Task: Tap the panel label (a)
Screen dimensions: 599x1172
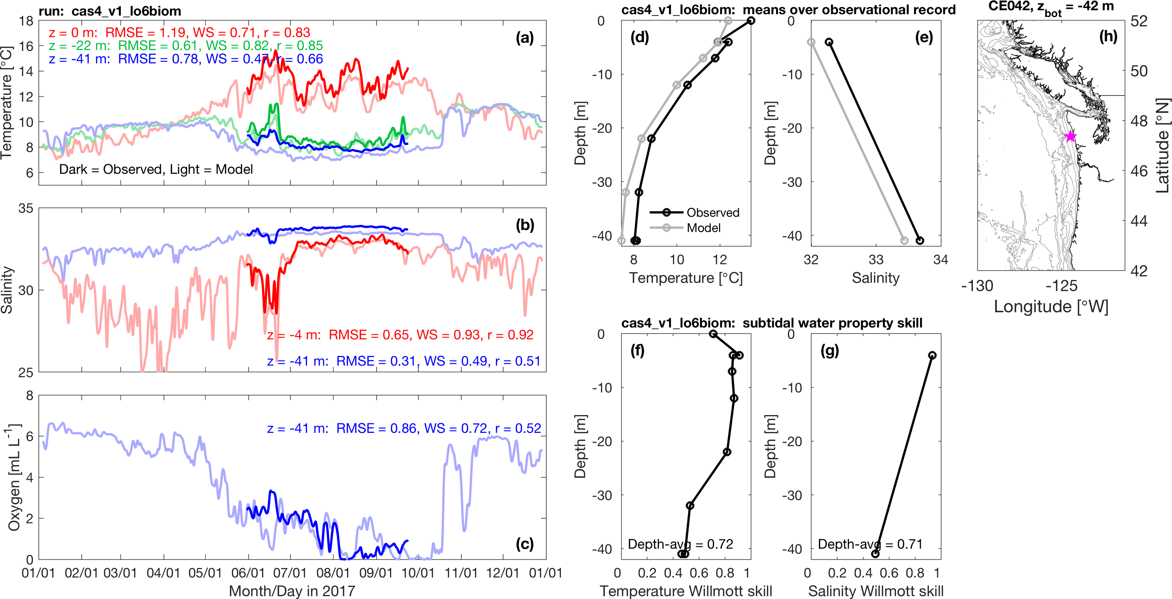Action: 525,38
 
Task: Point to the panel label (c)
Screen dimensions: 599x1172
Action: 525,544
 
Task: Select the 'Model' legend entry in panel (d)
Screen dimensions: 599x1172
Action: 704,227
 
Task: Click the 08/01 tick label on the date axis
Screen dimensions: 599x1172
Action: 333,573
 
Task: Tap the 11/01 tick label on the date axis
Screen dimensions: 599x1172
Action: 461,573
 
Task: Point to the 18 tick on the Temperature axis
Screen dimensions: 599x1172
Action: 26,21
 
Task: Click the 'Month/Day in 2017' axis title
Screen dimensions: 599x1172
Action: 292,591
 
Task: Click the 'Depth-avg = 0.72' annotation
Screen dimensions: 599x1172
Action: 680,544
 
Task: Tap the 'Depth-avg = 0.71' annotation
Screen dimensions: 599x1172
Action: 870,544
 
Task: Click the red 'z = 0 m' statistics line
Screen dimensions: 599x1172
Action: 180,32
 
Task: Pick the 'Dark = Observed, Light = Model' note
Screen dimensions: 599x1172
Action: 156,169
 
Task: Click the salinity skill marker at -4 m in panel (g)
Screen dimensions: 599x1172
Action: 932,355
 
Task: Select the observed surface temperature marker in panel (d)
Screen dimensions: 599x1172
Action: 751,20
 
